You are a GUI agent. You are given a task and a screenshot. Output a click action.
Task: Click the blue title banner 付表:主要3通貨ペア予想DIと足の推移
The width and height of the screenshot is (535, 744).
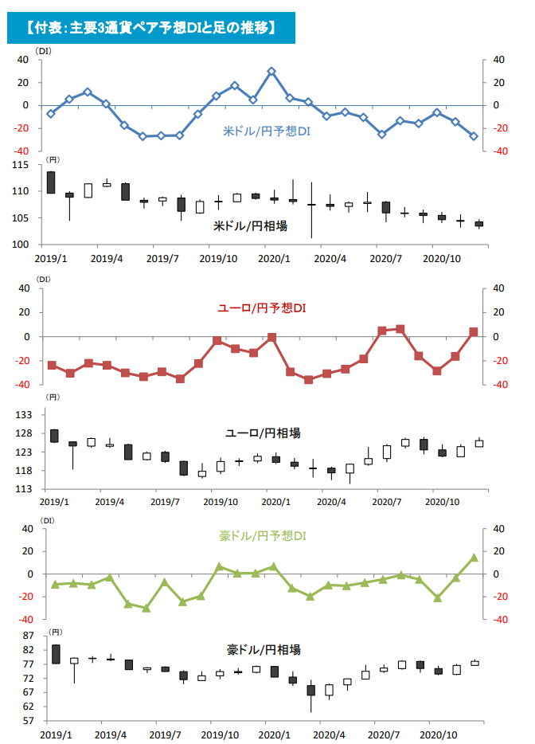click(x=150, y=28)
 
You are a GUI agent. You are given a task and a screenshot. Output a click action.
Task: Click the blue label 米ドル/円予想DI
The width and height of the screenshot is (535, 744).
click(x=267, y=131)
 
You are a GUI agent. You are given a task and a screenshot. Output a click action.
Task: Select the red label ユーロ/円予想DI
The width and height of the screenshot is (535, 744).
click(x=262, y=308)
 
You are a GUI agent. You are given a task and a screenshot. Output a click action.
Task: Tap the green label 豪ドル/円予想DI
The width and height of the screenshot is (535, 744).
click(x=262, y=536)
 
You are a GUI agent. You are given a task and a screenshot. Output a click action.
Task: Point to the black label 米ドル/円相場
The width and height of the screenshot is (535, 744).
click(x=251, y=226)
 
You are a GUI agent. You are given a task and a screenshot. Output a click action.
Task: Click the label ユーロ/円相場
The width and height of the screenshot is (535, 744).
click(x=262, y=433)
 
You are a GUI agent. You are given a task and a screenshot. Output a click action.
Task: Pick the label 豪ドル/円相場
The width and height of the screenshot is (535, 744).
click(x=264, y=649)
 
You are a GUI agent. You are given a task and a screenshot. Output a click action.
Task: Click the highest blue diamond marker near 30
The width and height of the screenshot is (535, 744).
click(x=271, y=71)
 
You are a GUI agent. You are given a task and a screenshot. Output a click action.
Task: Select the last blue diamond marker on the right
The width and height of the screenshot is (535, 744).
click(x=474, y=136)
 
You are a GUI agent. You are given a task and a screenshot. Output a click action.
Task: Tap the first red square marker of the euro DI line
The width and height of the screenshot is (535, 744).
click(x=53, y=366)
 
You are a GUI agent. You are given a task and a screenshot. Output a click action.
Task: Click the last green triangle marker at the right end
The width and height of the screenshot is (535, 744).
click(x=474, y=558)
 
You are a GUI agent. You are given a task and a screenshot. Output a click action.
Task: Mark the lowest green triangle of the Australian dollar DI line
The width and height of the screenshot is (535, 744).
click(x=146, y=608)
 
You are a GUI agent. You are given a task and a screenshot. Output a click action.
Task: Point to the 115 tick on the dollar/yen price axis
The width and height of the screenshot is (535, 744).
click(x=21, y=165)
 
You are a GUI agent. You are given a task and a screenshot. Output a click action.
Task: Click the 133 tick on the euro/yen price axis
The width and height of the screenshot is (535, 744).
click(x=24, y=415)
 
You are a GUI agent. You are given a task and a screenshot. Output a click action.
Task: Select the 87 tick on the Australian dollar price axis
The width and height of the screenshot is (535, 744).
click(x=29, y=636)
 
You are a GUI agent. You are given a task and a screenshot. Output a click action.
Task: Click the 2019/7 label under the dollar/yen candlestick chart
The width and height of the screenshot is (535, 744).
click(x=162, y=259)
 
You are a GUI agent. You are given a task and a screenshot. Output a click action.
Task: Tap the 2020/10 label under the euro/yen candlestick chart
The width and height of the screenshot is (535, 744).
click(x=442, y=502)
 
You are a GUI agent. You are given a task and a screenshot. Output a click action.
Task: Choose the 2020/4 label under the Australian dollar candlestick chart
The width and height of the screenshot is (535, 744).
click(x=329, y=735)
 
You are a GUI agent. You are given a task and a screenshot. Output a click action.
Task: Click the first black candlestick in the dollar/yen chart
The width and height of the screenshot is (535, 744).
click(x=51, y=182)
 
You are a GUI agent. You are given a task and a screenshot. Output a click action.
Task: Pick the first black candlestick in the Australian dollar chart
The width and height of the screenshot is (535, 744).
click(x=56, y=654)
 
